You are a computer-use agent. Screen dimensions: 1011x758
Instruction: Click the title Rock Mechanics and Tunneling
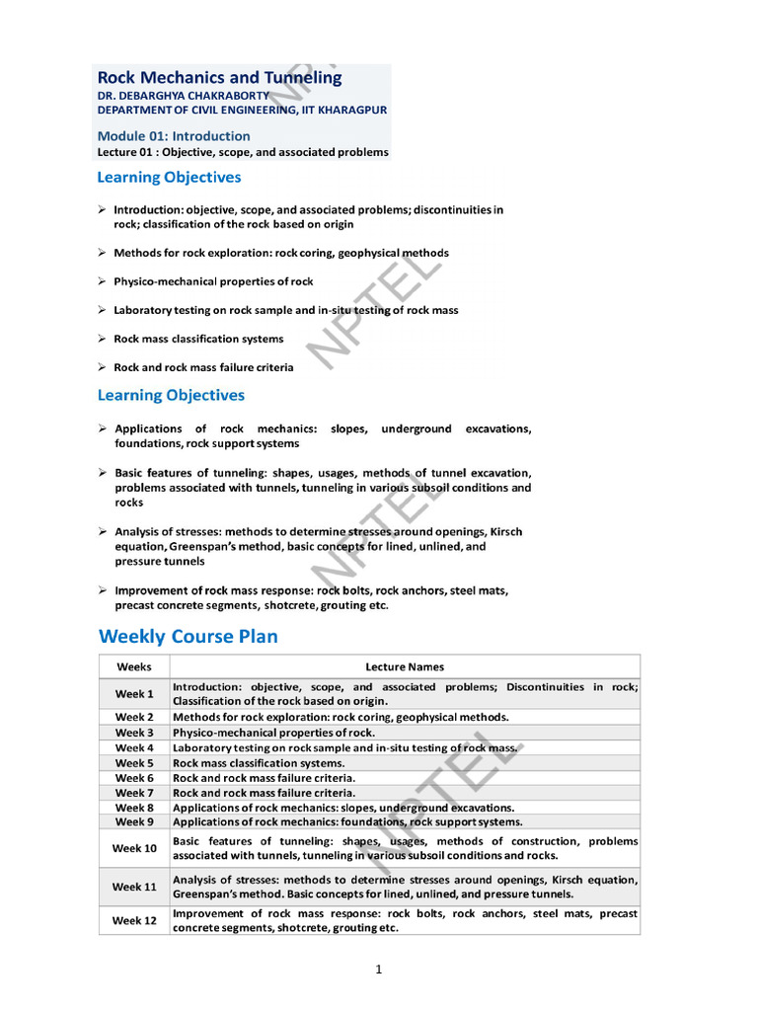click(219, 77)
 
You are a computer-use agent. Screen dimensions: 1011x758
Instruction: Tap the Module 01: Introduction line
click(174, 135)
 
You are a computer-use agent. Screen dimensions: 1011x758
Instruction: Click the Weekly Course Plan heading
click(188, 636)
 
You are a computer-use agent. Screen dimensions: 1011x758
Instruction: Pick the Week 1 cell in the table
click(134, 693)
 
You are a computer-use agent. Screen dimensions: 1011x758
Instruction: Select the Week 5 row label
click(134, 763)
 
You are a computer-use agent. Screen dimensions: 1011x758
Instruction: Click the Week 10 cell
click(134, 848)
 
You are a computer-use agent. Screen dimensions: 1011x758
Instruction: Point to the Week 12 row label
click(134, 920)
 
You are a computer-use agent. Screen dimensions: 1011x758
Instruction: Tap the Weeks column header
click(134, 666)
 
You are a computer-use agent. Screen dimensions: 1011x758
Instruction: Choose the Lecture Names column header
click(405, 666)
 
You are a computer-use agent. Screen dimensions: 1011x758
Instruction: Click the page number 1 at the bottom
click(378, 970)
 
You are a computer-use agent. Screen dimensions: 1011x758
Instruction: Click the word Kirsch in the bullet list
click(503, 531)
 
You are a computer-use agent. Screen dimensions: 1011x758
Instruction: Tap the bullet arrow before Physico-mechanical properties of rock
click(103, 281)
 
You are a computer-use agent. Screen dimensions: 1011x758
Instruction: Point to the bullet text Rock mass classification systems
click(198, 339)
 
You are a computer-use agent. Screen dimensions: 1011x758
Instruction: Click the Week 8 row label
click(134, 807)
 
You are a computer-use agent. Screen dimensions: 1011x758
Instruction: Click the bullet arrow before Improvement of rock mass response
click(103, 590)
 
